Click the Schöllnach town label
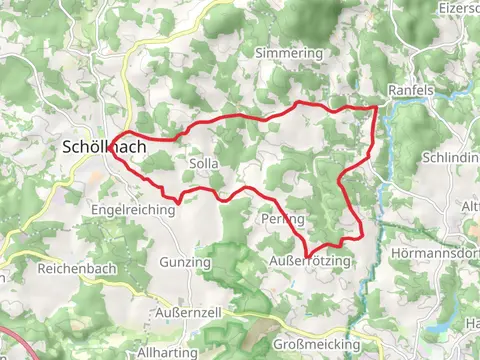point(104,147)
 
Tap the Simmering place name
point(289,52)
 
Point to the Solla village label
point(202,161)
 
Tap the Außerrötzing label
point(310,261)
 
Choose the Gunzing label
point(185,262)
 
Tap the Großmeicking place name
point(316,344)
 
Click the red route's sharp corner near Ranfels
point(377,106)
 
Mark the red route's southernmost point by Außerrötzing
point(309,254)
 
